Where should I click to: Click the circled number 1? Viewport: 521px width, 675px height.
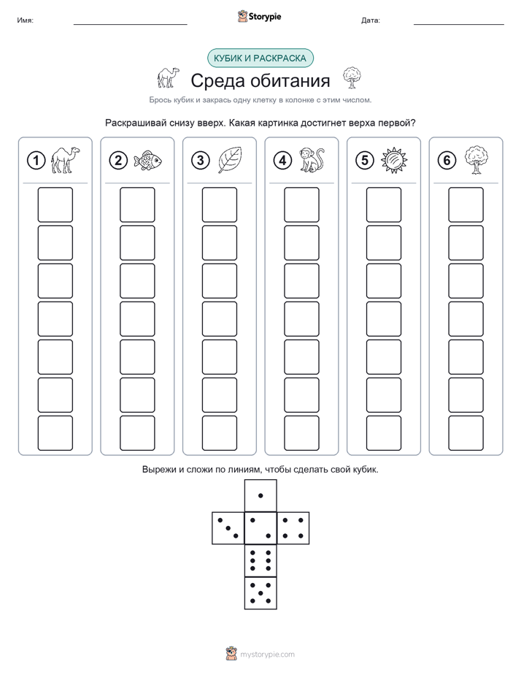[36, 161]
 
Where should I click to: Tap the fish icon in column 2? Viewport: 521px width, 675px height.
[147, 161]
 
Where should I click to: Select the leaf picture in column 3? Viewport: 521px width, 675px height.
[230, 160]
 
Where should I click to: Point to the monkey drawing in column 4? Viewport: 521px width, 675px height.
[312, 160]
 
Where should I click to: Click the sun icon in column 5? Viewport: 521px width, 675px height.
[394, 161]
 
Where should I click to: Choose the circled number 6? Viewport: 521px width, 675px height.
[447, 161]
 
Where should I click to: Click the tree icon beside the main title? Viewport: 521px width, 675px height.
[352, 78]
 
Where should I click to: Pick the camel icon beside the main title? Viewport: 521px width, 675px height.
[168, 78]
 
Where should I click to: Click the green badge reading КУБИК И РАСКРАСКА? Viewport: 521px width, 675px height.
[260, 58]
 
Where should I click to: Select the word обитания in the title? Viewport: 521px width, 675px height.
[290, 80]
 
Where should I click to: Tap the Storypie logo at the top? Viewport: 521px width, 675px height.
[259, 16]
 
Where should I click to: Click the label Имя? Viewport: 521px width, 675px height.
[25, 20]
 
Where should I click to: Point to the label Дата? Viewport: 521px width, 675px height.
[371, 20]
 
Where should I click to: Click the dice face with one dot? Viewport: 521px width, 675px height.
[260, 496]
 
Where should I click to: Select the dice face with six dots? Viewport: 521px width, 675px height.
[260, 561]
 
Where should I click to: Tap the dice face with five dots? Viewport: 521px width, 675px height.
[260, 593]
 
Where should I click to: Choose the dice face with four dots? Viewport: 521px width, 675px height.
[293, 528]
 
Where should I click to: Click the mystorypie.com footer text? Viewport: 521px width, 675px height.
[267, 655]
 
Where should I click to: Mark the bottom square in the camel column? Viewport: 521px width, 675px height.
[55, 433]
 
